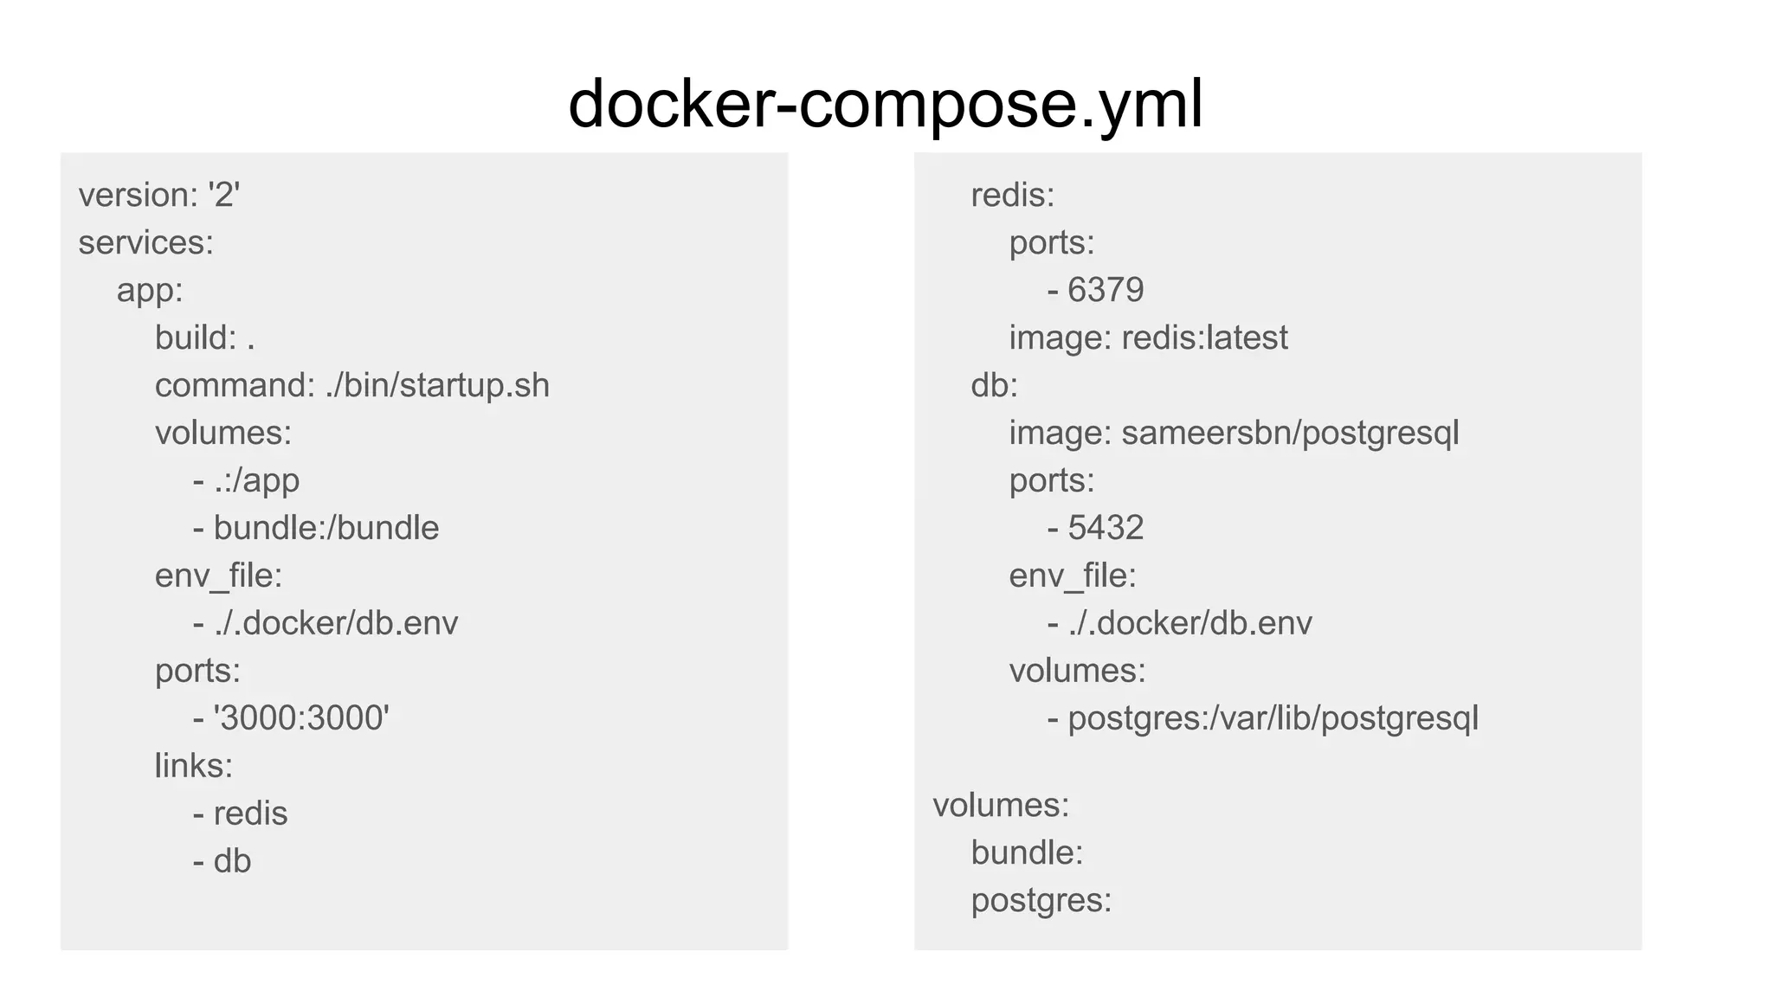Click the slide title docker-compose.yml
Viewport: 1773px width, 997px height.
885,104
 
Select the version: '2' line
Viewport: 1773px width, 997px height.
159,195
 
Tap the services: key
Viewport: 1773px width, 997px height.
145,242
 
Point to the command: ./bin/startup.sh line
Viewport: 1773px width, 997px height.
351,385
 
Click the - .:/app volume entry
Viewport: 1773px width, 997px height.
246,480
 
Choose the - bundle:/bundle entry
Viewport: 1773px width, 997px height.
316,528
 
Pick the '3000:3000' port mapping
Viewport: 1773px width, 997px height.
301,718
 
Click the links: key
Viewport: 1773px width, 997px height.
194,766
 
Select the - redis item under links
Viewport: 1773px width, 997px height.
241,814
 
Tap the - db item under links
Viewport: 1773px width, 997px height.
222,861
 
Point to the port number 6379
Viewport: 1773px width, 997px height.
1105,290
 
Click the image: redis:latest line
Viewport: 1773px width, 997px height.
1148,338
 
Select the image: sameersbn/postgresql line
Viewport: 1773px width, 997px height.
1234,433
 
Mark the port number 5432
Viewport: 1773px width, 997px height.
1105,528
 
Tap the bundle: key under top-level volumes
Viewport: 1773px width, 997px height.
1027,852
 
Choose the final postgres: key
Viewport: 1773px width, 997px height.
1041,900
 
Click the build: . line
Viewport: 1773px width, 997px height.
204,338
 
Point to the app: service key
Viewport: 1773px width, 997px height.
150,290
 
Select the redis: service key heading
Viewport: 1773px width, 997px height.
1013,195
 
